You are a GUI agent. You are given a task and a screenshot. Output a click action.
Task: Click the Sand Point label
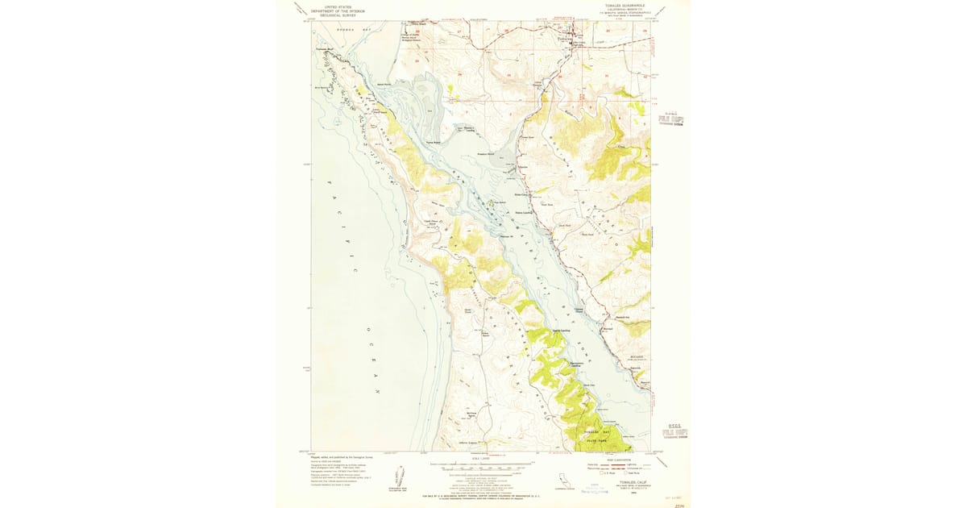[384, 84]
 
